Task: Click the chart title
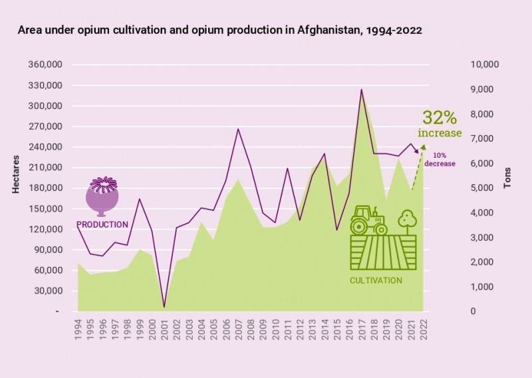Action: [220, 30]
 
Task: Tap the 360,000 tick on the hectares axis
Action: [45, 65]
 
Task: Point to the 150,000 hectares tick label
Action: [45, 208]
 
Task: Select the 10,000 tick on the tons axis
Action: [485, 65]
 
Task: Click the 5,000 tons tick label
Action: [482, 188]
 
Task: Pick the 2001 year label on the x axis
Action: [164, 329]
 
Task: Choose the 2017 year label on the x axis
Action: [362, 329]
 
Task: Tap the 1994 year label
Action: [78, 329]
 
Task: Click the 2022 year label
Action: [424, 329]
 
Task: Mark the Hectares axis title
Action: [16, 174]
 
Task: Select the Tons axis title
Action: [507, 178]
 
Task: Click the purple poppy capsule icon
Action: [102, 196]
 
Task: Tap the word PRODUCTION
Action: [102, 225]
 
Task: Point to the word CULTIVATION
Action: [376, 281]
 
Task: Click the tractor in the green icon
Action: [368, 220]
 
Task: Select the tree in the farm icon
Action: [407, 222]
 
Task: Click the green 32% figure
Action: [440, 118]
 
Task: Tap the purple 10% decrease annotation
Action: [440, 160]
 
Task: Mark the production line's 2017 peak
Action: [362, 90]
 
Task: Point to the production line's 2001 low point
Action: [164, 307]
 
